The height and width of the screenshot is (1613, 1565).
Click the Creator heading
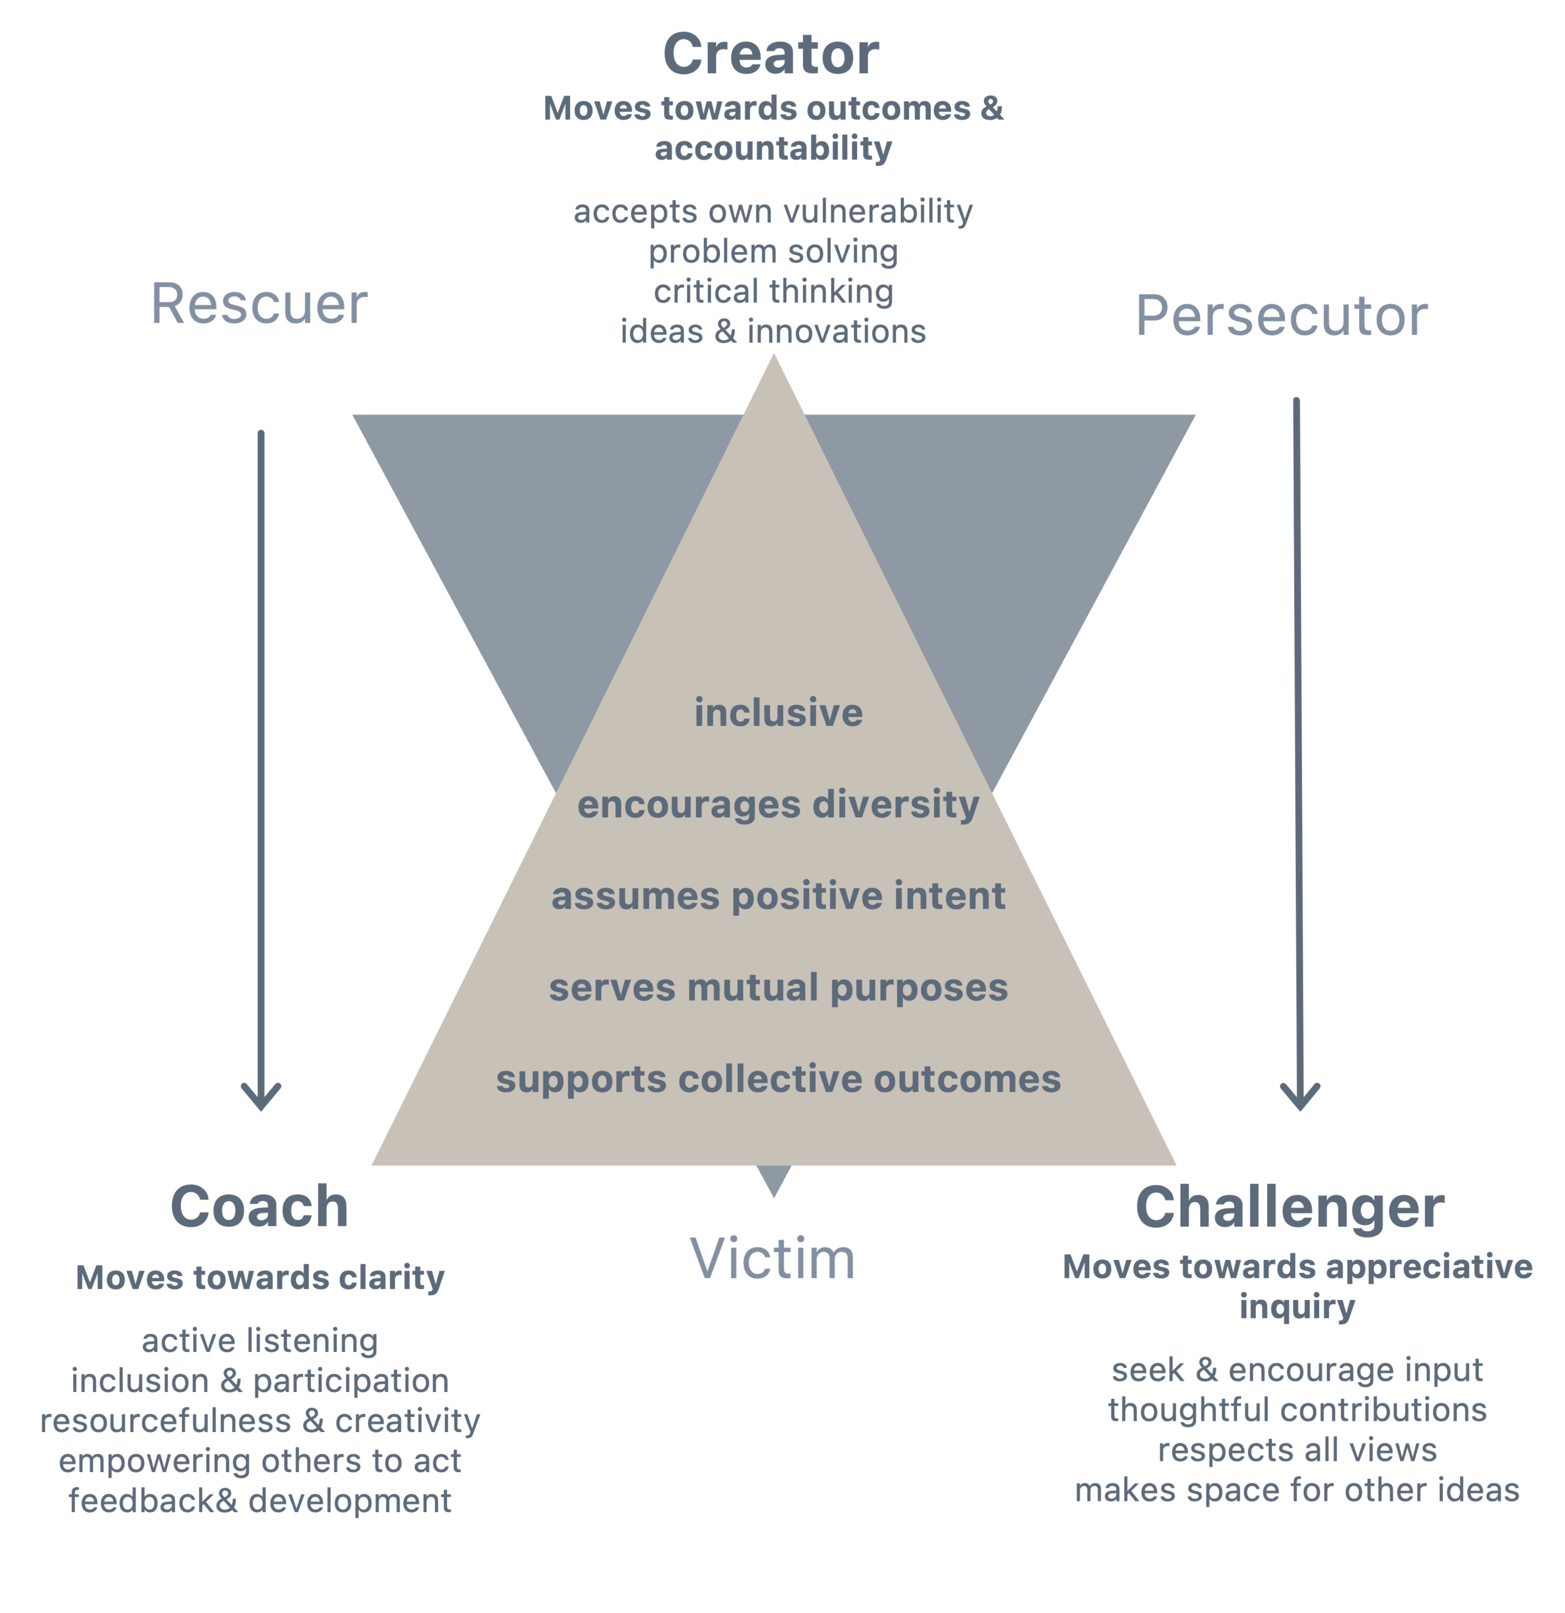771,55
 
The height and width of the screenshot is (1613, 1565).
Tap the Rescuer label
259,304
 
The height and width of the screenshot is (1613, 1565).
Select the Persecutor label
1281,316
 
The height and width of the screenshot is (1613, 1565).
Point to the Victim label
772,1259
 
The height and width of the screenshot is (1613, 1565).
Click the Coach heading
259,1207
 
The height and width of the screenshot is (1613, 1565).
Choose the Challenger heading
1290,1207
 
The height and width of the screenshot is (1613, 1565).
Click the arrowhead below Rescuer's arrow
261,1100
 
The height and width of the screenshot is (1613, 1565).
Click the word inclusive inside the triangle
778,713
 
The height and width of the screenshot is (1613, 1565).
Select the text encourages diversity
778,805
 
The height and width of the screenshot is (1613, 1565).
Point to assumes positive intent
778,896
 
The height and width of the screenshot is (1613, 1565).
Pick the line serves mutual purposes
778,987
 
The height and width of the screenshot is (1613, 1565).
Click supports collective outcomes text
778,1080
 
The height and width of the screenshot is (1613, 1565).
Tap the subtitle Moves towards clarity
260,1278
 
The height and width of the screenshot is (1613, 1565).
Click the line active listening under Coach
260,1341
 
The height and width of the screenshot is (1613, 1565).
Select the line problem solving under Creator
772,252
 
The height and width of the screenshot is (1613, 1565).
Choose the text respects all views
1297,1450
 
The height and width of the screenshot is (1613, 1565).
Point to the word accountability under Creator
772,149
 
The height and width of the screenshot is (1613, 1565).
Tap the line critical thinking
772,291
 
